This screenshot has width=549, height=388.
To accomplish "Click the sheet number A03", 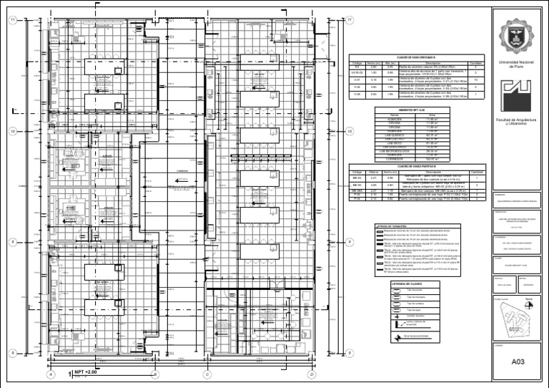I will [519, 363].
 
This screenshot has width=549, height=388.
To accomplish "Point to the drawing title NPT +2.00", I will [86, 373].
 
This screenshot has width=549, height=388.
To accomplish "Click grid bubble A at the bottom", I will [51, 374].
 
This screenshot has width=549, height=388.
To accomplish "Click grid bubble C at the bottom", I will [207, 374].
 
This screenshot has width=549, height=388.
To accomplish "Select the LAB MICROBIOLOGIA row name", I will [393, 151].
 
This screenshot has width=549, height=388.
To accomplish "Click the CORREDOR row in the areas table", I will [393, 159].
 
